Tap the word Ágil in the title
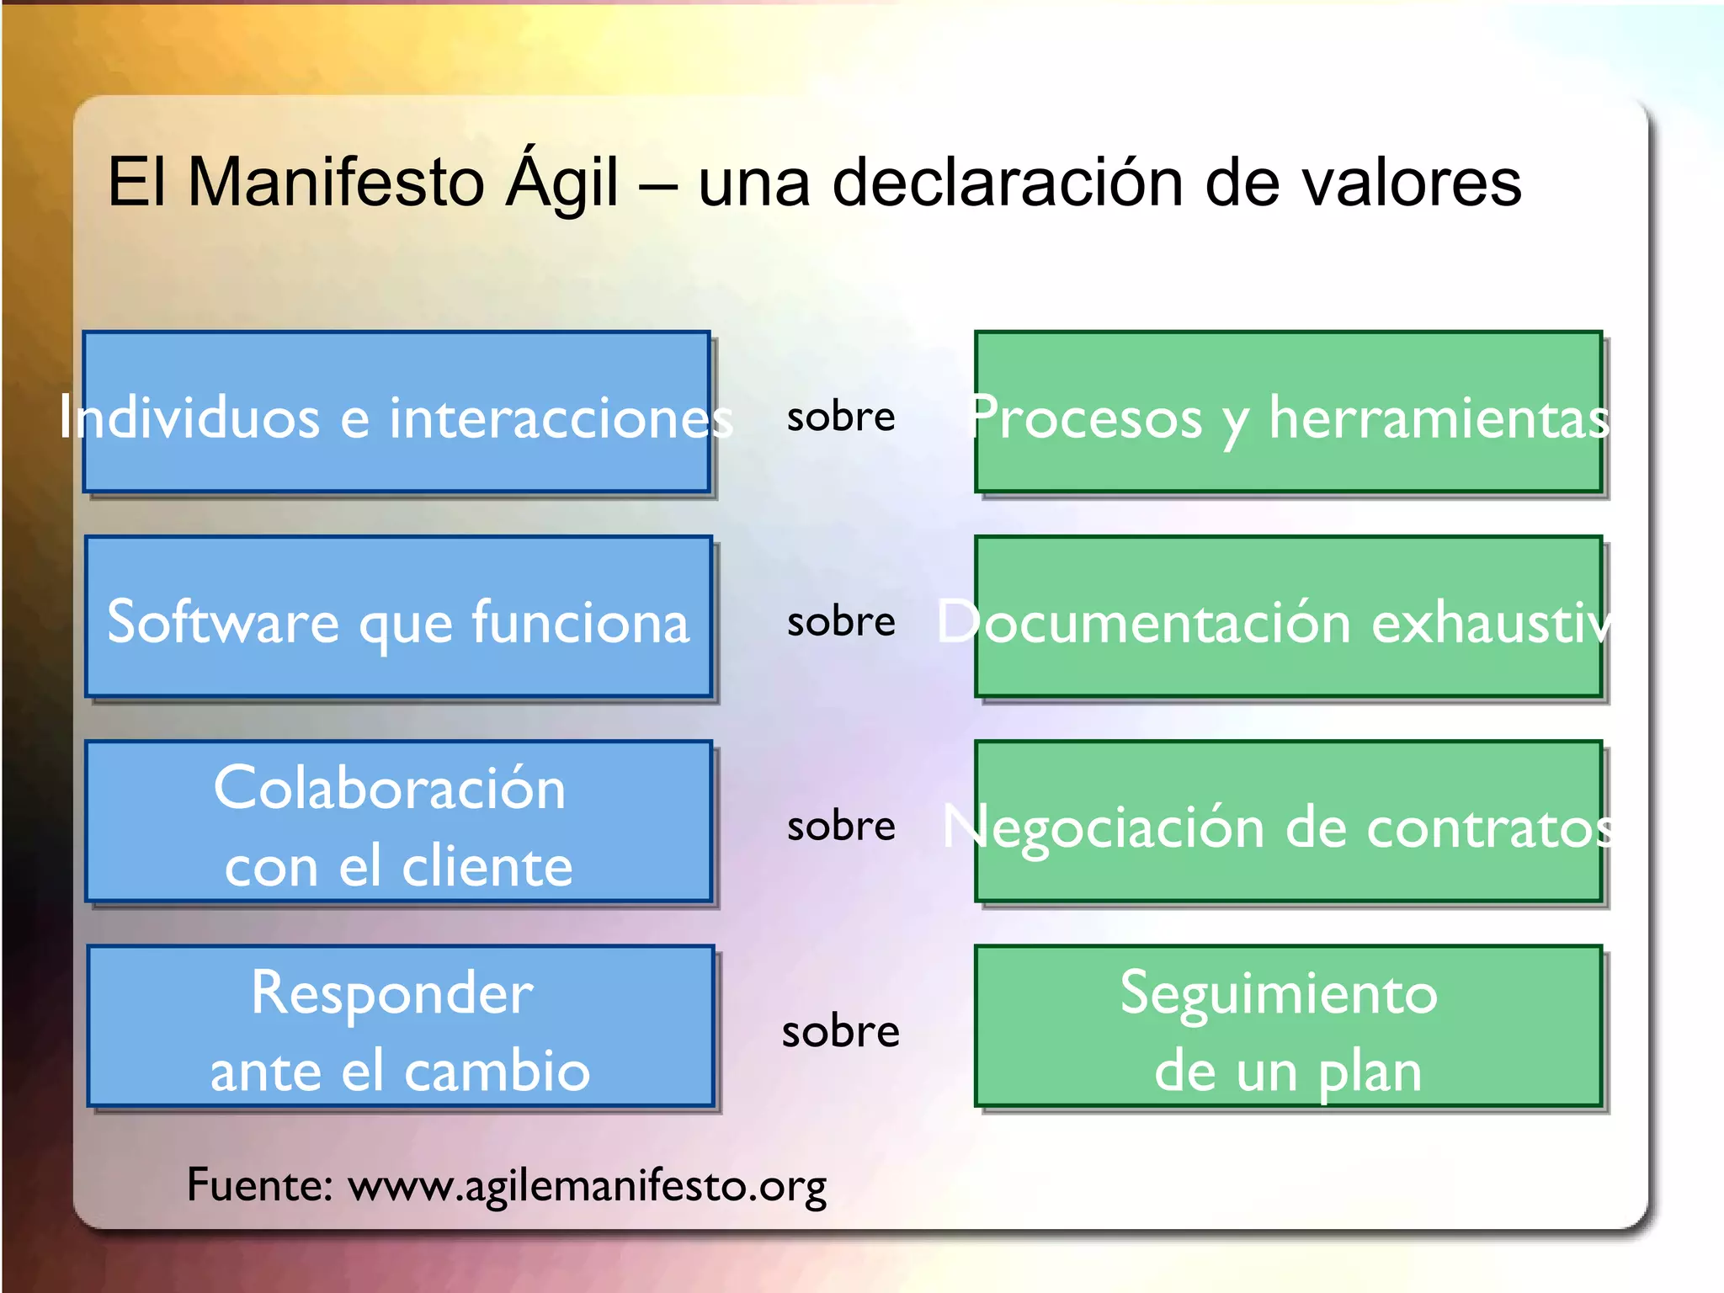(x=561, y=183)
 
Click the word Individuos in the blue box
(x=189, y=418)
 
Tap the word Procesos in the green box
(x=1086, y=418)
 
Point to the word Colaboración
(x=390, y=789)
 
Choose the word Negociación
(x=1103, y=827)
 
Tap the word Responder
(x=392, y=994)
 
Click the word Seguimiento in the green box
(x=1279, y=994)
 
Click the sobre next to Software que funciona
(x=840, y=621)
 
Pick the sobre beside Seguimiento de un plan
(x=840, y=1031)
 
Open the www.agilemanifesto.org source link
(x=587, y=1186)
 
